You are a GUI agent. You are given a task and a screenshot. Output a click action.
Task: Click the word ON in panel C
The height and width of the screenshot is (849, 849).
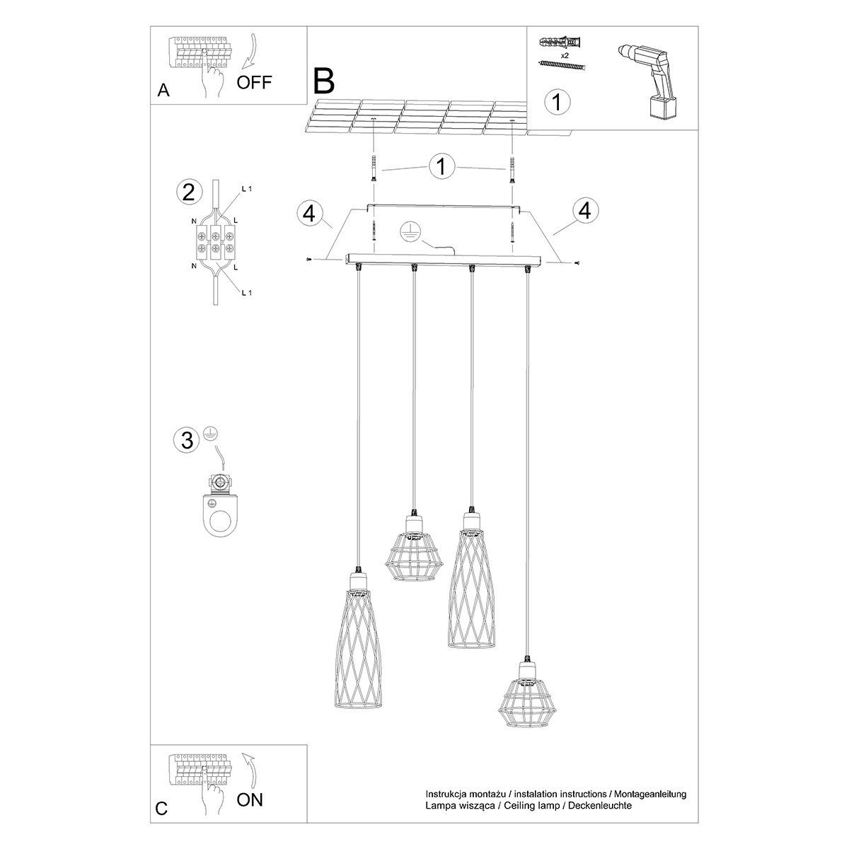tap(249, 799)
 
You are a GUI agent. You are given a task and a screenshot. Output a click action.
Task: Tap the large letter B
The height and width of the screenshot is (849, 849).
tap(323, 81)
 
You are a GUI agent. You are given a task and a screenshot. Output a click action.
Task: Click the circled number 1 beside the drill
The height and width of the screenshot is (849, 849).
tap(557, 101)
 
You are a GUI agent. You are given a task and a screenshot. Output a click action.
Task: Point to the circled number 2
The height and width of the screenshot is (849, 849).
tap(188, 192)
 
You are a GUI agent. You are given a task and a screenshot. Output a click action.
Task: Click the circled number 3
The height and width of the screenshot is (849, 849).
tap(187, 440)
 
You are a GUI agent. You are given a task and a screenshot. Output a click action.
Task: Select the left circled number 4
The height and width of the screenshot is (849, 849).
tap(310, 212)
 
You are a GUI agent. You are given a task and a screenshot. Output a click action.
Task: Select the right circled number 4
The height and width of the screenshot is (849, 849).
tap(584, 210)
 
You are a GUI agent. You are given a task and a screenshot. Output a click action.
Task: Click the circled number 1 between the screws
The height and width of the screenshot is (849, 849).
tap(441, 167)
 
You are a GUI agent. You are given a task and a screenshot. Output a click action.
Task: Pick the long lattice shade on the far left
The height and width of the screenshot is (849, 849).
tap(358, 640)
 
